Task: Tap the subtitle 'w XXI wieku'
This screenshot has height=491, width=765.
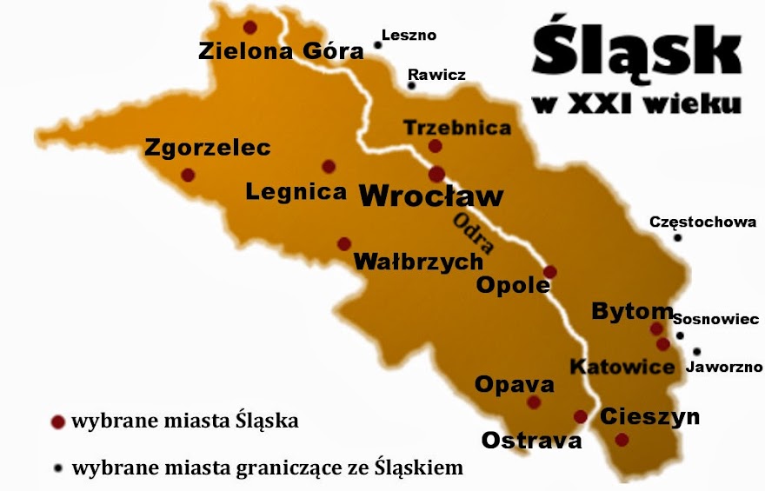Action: [637, 104]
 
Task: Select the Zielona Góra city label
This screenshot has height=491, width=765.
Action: [281, 50]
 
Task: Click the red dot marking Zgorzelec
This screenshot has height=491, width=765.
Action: [188, 175]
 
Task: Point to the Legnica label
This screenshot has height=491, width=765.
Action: [296, 191]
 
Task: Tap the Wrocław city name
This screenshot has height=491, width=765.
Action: [431, 196]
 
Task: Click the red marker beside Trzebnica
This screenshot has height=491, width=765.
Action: [436, 146]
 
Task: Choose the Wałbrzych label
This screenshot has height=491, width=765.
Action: [418, 261]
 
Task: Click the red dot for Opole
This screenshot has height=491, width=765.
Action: [549, 272]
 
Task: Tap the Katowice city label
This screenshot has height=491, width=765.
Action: [622, 367]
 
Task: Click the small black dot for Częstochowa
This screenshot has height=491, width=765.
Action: [677, 237]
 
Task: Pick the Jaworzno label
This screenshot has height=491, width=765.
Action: [724, 368]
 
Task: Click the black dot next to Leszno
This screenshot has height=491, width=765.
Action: [377, 43]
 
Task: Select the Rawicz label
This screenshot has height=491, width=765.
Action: [436, 75]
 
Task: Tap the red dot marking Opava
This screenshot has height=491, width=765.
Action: [534, 402]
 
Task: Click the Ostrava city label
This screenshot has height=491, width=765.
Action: [531, 440]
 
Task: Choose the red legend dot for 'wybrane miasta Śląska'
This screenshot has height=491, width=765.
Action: [58, 422]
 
